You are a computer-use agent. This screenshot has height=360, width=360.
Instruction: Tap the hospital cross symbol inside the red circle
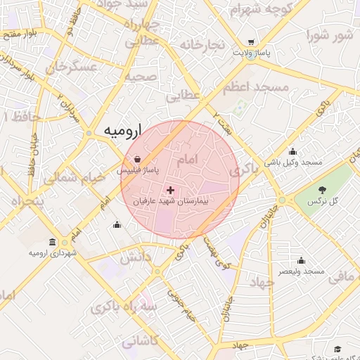pyautogui.click(x=170, y=190)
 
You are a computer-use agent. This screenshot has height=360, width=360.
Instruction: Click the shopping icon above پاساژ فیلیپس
pyautogui.click(x=138, y=160)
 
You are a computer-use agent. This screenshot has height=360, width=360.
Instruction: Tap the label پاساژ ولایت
pyautogui.click(x=252, y=53)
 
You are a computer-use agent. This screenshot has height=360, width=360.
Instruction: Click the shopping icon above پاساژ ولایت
pyautogui.click(x=252, y=42)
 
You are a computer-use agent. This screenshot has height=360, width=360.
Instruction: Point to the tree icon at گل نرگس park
pyautogui.click(x=322, y=190)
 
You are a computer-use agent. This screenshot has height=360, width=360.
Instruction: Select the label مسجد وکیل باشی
pyautogui.click(x=293, y=162)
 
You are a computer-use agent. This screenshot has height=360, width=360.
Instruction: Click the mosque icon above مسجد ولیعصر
pyautogui.click(x=301, y=260)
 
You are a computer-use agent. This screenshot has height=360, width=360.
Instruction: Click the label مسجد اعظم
pyautogui.click(x=256, y=87)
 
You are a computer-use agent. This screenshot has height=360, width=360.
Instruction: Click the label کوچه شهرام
pyautogui.click(x=259, y=10)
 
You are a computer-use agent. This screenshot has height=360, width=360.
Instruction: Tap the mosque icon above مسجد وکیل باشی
pyautogui.click(x=292, y=151)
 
